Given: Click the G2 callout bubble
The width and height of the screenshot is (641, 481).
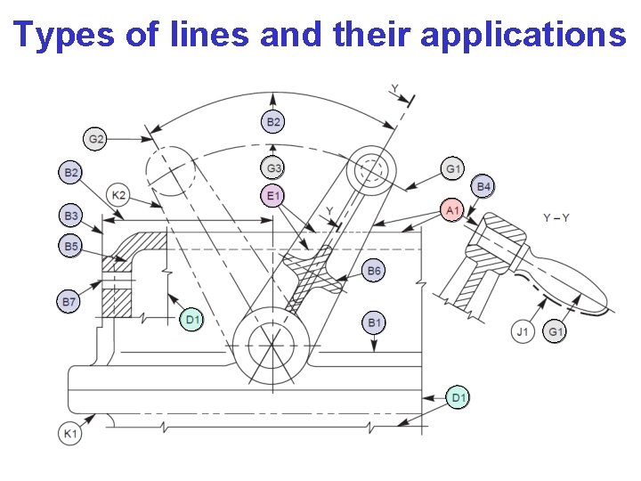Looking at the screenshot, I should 96,139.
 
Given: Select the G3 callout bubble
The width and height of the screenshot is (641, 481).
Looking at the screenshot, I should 274,167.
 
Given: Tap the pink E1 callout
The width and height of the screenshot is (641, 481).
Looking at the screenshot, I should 273,196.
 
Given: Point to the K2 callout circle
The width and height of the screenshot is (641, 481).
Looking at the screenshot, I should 118,195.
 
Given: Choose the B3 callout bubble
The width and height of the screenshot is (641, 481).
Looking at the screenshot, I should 71,216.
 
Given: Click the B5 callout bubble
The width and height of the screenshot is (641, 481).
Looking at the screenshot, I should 71,245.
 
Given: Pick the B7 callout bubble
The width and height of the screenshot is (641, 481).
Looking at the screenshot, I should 69,303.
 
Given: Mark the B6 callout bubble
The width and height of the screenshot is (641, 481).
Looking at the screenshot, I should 375,271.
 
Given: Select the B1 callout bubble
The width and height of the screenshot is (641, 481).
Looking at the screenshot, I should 375,322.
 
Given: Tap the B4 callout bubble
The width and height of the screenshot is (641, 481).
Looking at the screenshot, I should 484,186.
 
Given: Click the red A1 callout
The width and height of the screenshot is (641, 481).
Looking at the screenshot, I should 452,210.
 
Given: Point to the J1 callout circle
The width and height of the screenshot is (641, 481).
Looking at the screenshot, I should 523,332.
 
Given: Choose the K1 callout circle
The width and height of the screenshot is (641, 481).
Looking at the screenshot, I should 69,434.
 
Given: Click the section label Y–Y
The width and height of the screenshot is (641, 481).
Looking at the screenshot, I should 556,218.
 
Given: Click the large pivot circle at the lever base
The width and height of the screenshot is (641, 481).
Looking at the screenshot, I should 271,341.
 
